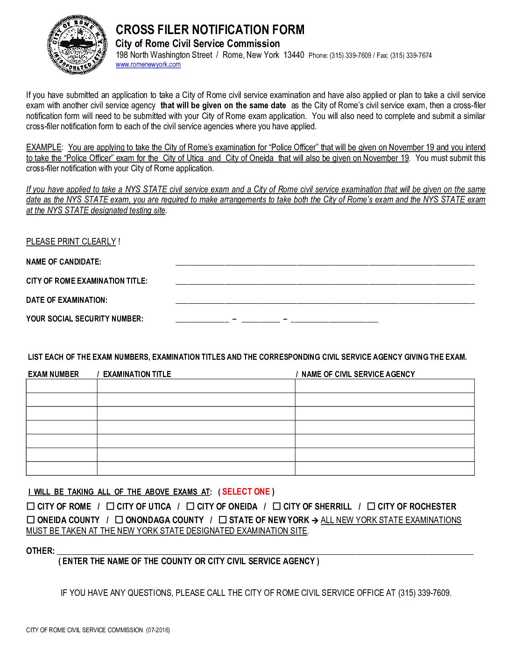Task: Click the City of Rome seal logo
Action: pyautogui.click(x=77, y=45)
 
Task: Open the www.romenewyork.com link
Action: pyautogui.click(x=148, y=65)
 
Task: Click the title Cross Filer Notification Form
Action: pyautogui.click(x=210, y=30)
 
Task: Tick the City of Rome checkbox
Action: pyautogui.click(x=31, y=506)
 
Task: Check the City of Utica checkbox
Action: pyautogui.click(x=110, y=506)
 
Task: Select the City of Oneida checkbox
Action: pyautogui.click(x=190, y=506)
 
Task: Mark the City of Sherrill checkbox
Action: pyautogui.click(x=277, y=506)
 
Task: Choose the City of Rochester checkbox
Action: pyautogui.click(x=371, y=506)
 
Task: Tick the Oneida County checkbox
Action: pyautogui.click(x=31, y=520)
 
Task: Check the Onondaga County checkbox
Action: pyautogui.click(x=119, y=520)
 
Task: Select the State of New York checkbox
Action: pyautogui.click(x=223, y=520)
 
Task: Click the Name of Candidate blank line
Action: pyautogui.click(x=325, y=262)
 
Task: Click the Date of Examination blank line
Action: pyautogui.click(x=325, y=301)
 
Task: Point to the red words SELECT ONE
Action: pyautogui.click(x=246, y=492)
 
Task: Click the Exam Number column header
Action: pyautogui.click(x=54, y=374)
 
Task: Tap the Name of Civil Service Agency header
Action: pyautogui.click(x=358, y=374)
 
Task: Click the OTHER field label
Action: pyautogui.click(x=40, y=551)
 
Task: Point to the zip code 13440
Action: pyautogui.click(x=294, y=55)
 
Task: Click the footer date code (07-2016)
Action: pyautogui.click(x=158, y=630)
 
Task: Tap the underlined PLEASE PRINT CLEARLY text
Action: pyautogui.click(x=71, y=242)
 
